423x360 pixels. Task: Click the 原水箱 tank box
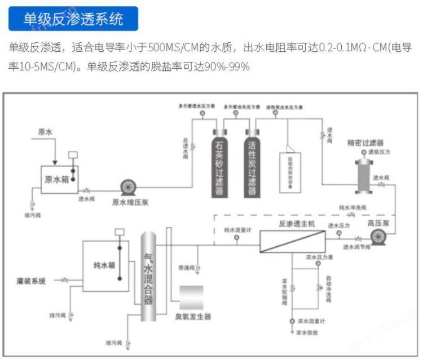pyautogui.click(x=59, y=179)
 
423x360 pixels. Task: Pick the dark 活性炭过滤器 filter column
pyautogui.click(x=252, y=164)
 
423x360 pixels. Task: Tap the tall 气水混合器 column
pyautogui.click(x=148, y=276)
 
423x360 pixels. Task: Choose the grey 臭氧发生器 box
pyautogui.click(x=191, y=297)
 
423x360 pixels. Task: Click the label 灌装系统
pyautogui.click(x=31, y=280)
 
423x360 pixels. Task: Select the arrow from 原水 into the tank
pyautogui.click(x=54, y=152)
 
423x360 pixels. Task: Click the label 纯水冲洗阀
pyautogui.click(x=352, y=208)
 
